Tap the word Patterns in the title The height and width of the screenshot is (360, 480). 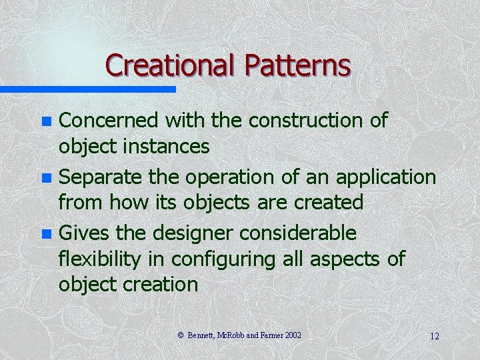coord(297,65)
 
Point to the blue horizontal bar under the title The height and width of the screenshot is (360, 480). coord(87,89)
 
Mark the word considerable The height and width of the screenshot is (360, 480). coord(299,233)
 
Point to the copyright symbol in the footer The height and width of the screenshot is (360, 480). coord(181,335)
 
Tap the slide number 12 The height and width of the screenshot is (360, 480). coord(434,336)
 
